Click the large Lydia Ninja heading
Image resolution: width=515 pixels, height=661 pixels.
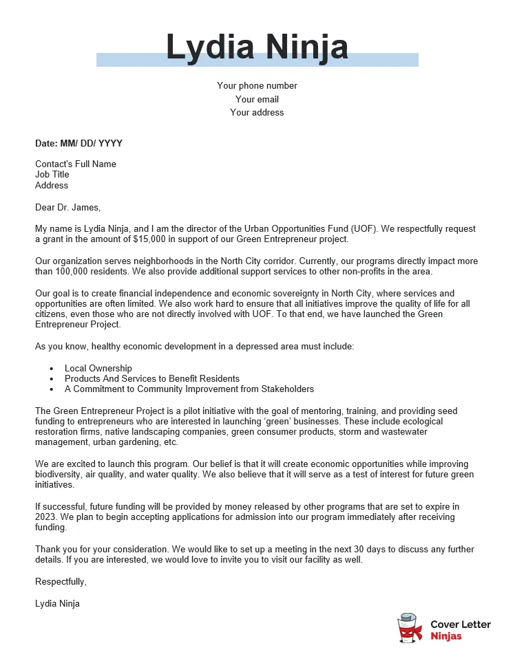pyautogui.click(x=257, y=47)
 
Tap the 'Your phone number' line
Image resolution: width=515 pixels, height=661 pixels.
pyautogui.click(x=257, y=86)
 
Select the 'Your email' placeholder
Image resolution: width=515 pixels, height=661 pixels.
pyautogui.click(x=257, y=99)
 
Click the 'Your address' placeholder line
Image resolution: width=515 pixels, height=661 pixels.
pyautogui.click(x=257, y=112)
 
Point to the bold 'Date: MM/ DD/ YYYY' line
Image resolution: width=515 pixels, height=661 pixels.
pyautogui.click(x=78, y=143)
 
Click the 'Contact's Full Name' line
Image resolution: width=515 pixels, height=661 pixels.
pyautogui.click(x=76, y=164)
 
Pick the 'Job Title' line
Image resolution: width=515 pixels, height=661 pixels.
pyautogui.click(x=52, y=175)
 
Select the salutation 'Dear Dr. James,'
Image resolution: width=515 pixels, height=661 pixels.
pyautogui.click(x=67, y=207)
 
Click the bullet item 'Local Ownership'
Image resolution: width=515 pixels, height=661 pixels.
pyautogui.click(x=98, y=369)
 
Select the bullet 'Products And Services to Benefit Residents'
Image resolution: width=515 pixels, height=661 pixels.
pyautogui.click(x=151, y=379)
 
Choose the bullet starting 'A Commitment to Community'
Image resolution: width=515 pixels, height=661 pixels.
pyautogui.click(x=189, y=389)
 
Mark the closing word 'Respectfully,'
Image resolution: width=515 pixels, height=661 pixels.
pyautogui.click(x=61, y=581)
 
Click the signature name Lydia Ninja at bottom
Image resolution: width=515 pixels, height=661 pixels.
pyautogui.click(x=57, y=604)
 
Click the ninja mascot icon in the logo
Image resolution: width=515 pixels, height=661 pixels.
pyautogui.click(x=410, y=627)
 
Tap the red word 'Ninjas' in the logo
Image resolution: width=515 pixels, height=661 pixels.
pyautogui.click(x=446, y=636)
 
